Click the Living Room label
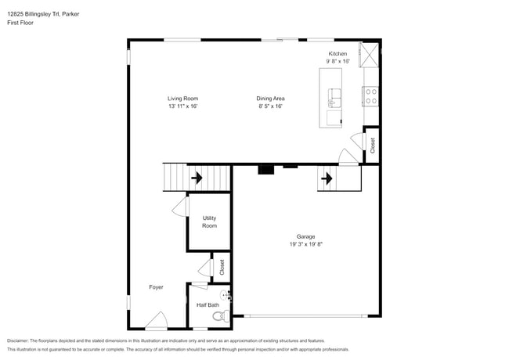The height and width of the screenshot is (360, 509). pos(182,99)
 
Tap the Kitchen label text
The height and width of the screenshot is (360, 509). pos(337,54)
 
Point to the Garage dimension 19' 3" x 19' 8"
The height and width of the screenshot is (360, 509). pos(305,243)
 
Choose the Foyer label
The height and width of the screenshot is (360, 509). pos(156,287)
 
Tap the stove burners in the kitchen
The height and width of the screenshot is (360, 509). pos(371,95)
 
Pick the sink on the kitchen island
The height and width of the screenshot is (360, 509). pos(334,97)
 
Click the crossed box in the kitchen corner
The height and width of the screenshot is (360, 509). pos(369,54)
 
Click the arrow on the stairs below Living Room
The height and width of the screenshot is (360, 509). pos(195,178)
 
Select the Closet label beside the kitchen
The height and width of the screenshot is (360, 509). pos(373,145)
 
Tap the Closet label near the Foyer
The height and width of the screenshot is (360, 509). pos(222,266)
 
